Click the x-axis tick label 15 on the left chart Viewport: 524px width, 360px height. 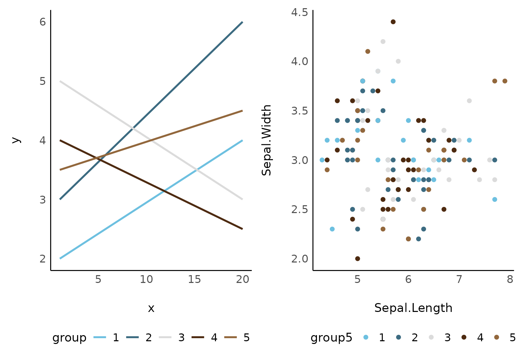point(194,280)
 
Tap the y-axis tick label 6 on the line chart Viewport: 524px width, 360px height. point(43,22)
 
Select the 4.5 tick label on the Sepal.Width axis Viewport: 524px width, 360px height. point(300,13)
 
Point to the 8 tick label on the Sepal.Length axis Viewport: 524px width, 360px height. point(510,280)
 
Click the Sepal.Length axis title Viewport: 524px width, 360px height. point(413,308)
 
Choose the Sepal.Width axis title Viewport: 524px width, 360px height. point(266,140)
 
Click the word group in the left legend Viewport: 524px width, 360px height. point(69,337)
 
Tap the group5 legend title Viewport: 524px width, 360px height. point(331,337)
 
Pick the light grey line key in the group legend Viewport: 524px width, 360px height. point(165,337)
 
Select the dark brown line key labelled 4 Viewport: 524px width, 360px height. point(198,337)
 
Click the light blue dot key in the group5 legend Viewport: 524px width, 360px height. point(366,337)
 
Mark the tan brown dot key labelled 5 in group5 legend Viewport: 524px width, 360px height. point(496,337)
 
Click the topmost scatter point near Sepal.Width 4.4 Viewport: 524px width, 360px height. point(393,22)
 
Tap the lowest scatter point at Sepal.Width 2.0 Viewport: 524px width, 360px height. point(358,258)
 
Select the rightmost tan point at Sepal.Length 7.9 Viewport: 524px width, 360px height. point(505,81)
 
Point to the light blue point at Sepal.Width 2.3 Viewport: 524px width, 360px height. point(332,229)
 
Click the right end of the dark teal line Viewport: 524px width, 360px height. point(242,22)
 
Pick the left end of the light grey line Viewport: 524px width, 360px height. point(60,81)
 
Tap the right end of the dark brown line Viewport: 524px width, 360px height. point(242,229)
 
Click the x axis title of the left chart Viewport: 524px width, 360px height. point(151,308)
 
